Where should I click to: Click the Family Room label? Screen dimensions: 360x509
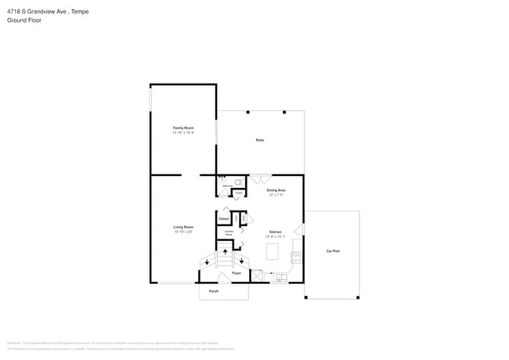[183, 128]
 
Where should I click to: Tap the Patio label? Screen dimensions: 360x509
[260, 140]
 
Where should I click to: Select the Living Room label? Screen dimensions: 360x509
[183, 227]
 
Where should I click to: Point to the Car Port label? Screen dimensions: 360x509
[333, 251]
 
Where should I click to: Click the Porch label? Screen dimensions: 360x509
[213, 291]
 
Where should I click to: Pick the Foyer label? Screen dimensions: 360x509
[236, 274]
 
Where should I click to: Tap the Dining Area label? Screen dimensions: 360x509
[276, 190]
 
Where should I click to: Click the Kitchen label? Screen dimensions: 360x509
[276, 232]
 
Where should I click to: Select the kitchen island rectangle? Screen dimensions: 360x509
[273, 252]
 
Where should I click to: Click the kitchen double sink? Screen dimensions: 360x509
[280, 276]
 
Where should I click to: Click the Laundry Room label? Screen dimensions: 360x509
[229, 233]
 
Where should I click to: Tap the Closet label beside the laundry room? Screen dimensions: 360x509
[223, 218]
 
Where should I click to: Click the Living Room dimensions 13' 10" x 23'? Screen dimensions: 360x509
[183, 232]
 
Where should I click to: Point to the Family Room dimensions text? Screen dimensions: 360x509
[183, 133]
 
